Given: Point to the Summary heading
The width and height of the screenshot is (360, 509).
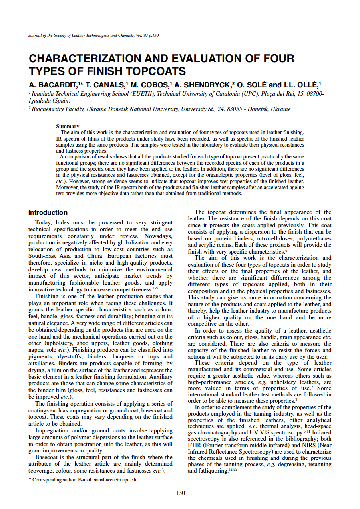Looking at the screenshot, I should tap(68, 127).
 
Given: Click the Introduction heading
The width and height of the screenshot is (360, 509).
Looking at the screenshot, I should tap(48, 212).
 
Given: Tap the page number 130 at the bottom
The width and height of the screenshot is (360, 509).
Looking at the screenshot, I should tap(180, 493).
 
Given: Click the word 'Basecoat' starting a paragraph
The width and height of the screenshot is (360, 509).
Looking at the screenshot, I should tap(48, 457).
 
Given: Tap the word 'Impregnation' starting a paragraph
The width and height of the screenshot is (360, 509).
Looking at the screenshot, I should tap(52, 431).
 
